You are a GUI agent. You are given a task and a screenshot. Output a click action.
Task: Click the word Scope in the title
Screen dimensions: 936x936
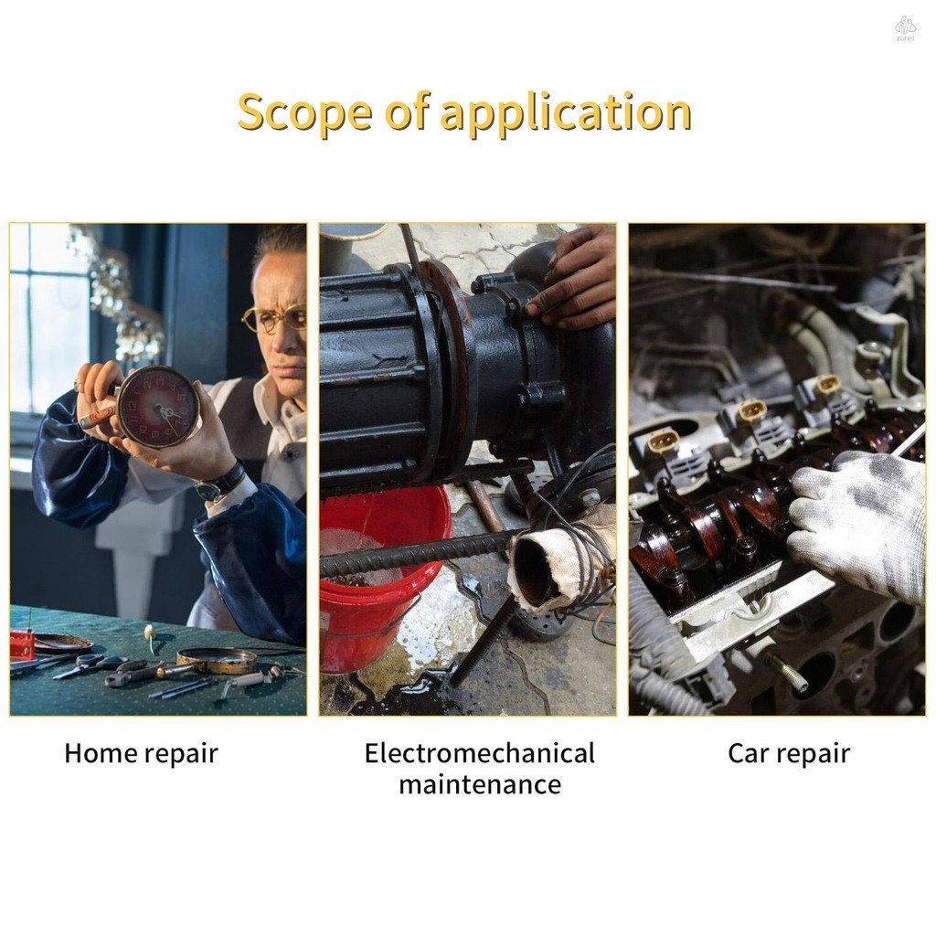tap(304, 112)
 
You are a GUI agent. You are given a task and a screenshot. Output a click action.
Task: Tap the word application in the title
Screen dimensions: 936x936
tap(566, 112)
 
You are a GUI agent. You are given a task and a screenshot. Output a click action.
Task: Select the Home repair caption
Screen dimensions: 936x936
tap(141, 754)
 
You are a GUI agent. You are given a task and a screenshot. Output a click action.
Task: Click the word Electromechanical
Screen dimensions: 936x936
tap(479, 753)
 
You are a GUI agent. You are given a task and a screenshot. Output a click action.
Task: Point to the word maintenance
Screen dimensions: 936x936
tap(480, 784)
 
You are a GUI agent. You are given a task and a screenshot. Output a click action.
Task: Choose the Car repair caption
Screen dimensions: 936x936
tap(789, 754)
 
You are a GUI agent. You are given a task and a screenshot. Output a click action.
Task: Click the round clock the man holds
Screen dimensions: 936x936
tap(157, 407)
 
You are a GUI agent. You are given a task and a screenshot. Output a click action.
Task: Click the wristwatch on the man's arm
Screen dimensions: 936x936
tap(221, 483)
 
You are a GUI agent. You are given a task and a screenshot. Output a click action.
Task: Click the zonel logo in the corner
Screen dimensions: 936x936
tap(905, 28)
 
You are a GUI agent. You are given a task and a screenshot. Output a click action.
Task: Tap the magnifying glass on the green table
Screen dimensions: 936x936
tap(218, 661)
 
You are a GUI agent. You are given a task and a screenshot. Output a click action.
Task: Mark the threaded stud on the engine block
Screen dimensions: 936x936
tap(787, 672)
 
